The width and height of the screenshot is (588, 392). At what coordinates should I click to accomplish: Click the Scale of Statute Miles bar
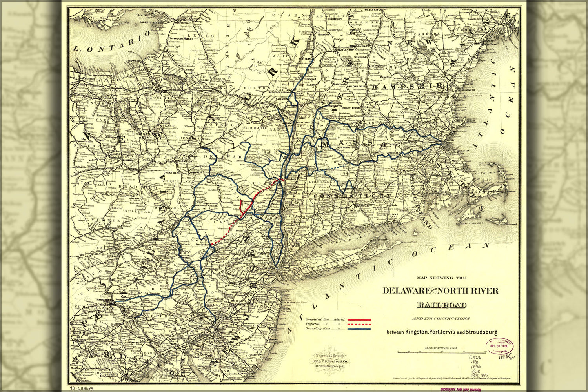pos(441,352)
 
